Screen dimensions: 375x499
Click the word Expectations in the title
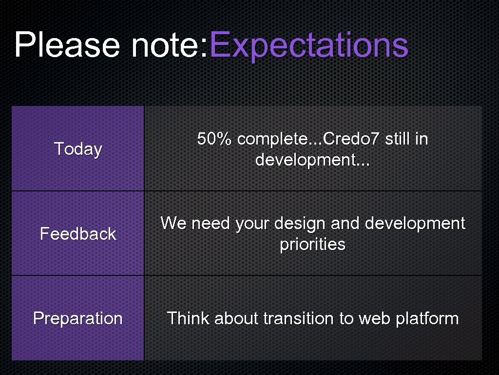pyautogui.click(x=308, y=45)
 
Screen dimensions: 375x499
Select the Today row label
pyautogui.click(x=78, y=149)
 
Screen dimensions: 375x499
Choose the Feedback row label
pyautogui.click(x=78, y=234)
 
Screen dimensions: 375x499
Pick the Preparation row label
pyautogui.click(x=78, y=318)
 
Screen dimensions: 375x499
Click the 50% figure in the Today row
pyautogui.click(x=214, y=139)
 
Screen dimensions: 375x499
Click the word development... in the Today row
pyautogui.click(x=312, y=160)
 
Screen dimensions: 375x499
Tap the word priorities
pyautogui.click(x=312, y=245)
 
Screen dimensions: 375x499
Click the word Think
pyautogui.click(x=188, y=318)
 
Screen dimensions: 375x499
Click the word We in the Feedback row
pyautogui.click(x=173, y=224)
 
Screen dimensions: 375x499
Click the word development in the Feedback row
pyautogui.click(x=415, y=224)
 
